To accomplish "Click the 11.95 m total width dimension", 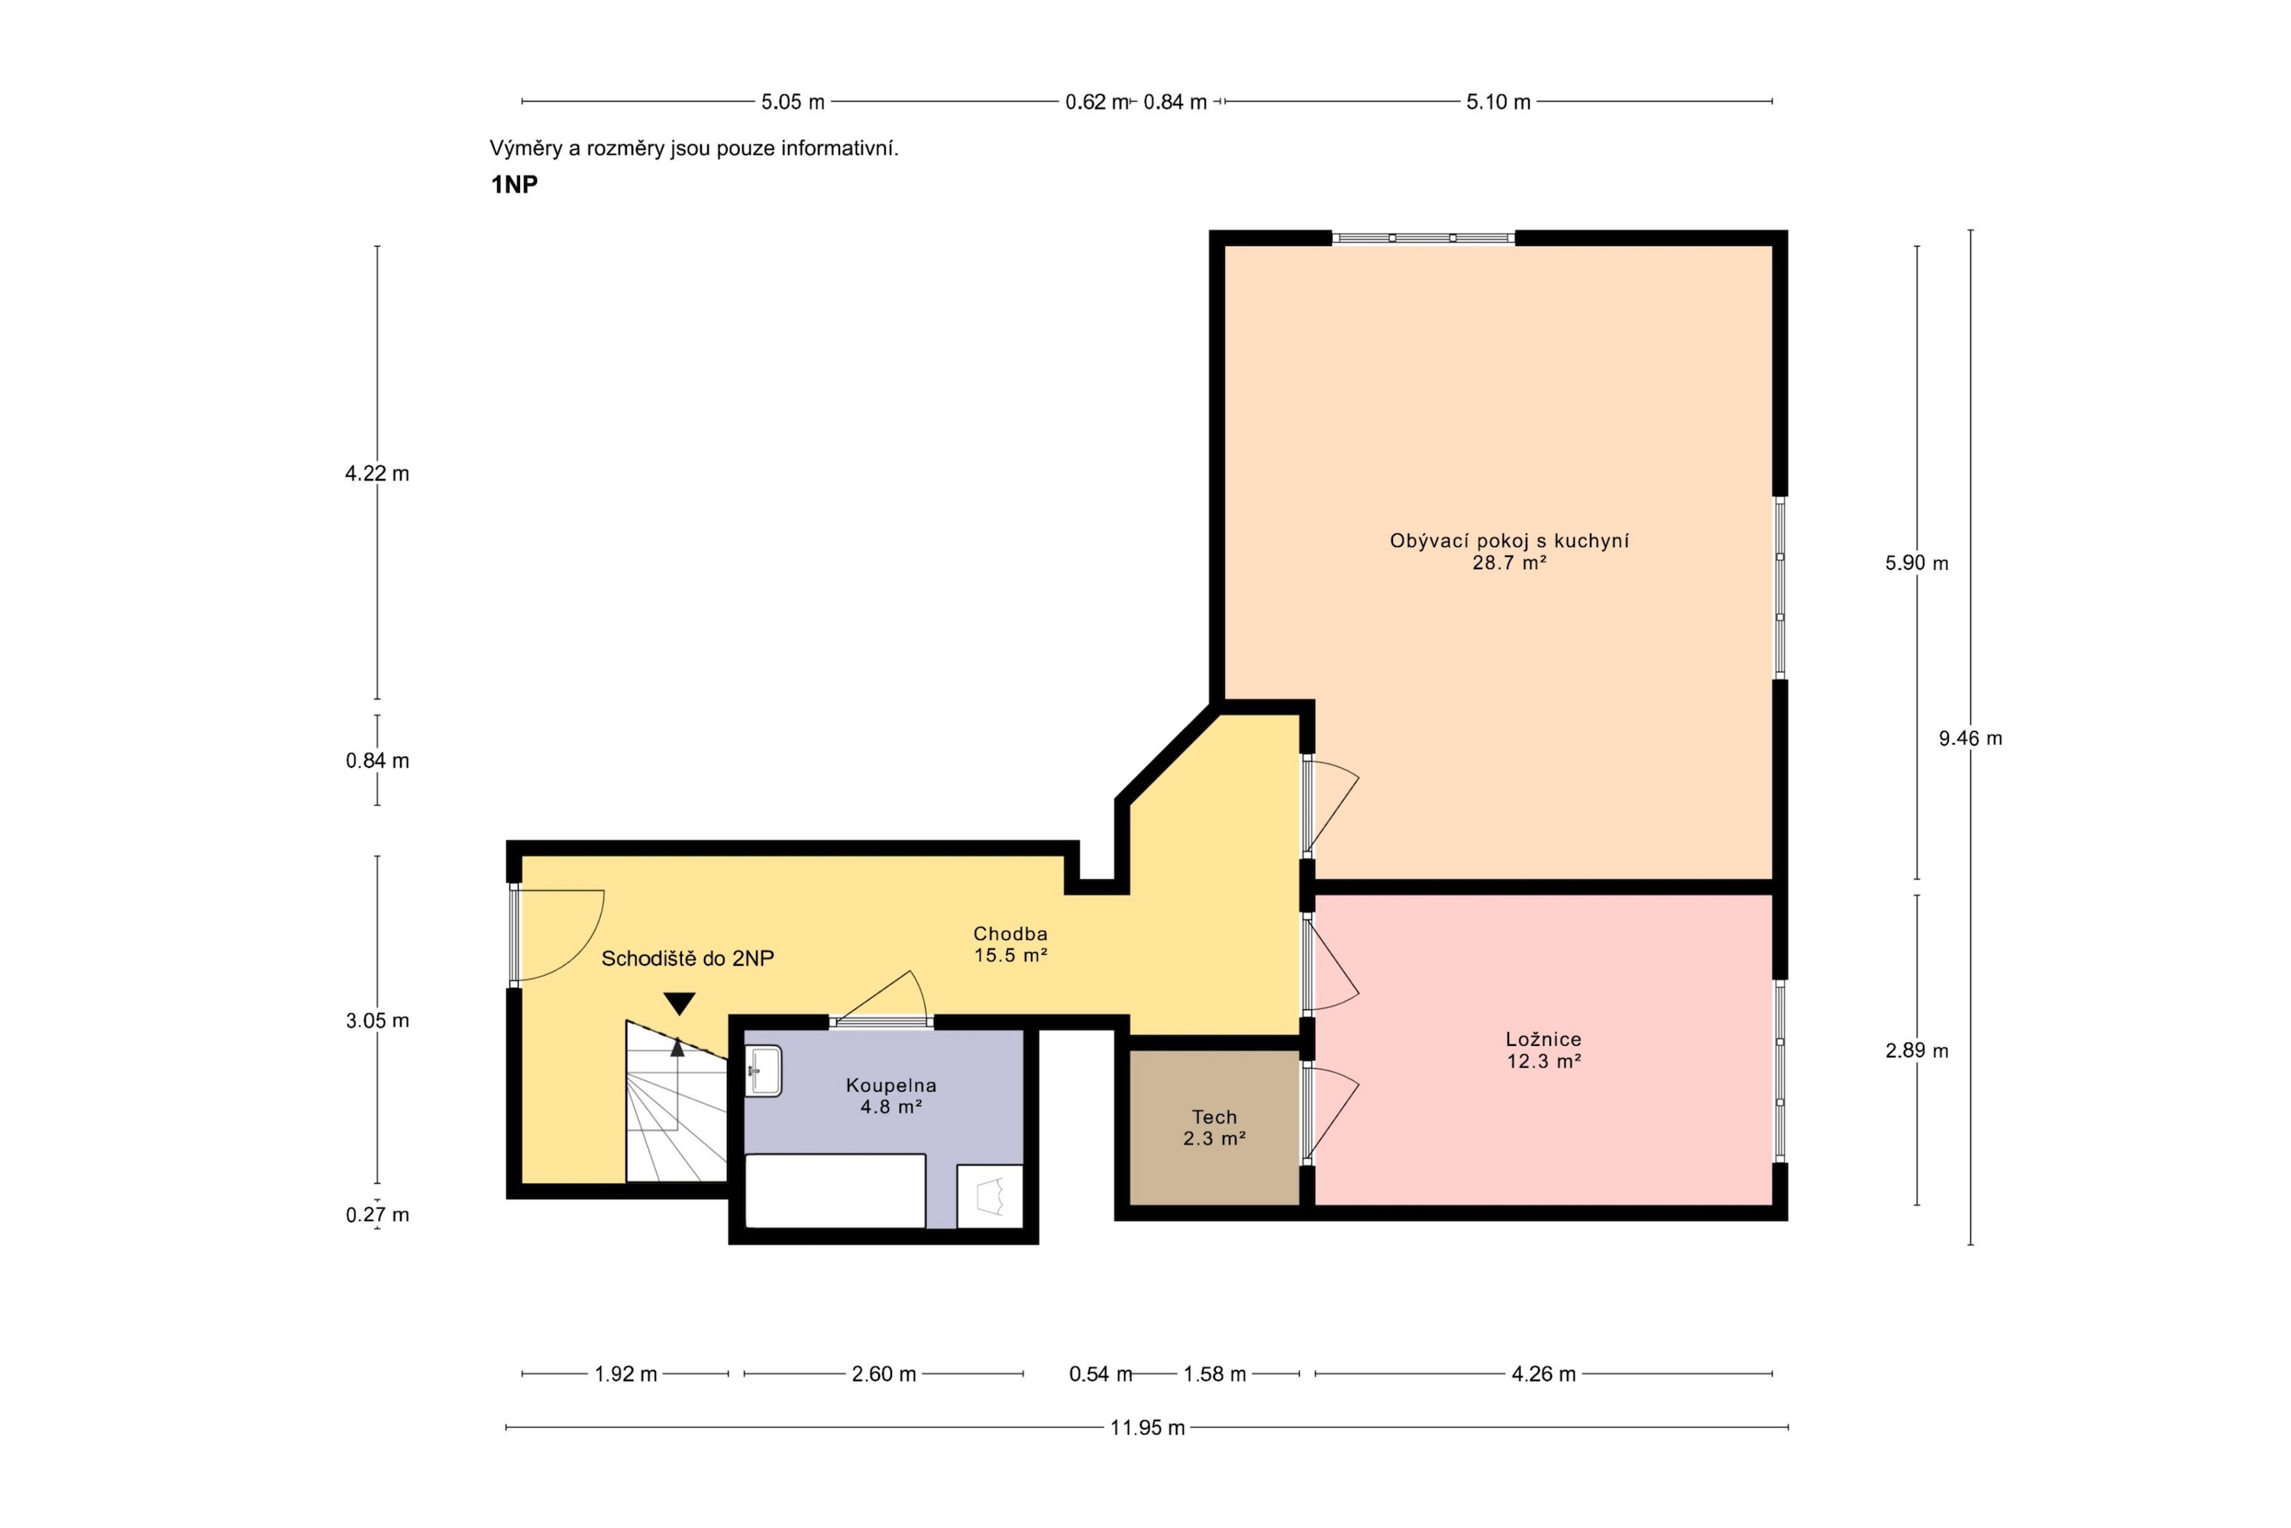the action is (x=1148, y=1428).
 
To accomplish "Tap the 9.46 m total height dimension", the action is (x=1970, y=739).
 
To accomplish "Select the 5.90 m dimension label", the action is (x=1917, y=563).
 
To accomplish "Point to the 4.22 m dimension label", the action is (x=377, y=474).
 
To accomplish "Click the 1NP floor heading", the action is (x=514, y=184).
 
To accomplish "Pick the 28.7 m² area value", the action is (x=1510, y=562).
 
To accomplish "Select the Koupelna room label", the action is (x=891, y=1085).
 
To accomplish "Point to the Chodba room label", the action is (x=1011, y=934).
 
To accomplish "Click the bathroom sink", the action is (x=764, y=1071).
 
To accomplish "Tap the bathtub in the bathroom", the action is (x=835, y=1191).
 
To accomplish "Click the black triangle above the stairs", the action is (x=679, y=1002).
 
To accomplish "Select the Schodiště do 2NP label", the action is (x=688, y=959).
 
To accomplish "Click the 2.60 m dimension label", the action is (x=884, y=1374).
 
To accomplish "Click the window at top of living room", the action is (x=1423, y=238).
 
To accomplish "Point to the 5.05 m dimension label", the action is (x=793, y=102).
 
